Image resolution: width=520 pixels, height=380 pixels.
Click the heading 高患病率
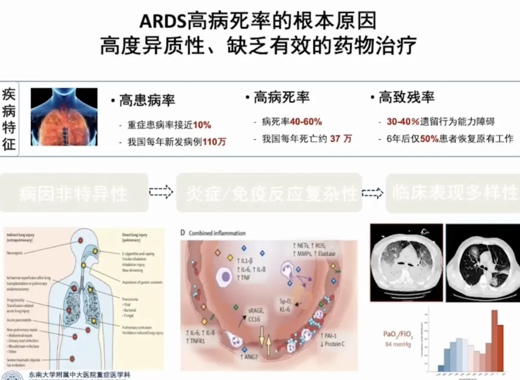tap(147, 100)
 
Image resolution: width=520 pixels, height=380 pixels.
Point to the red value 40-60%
tap(306, 122)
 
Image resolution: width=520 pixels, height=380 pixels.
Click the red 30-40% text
tap(403, 122)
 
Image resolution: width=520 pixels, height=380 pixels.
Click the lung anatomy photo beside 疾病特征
tap(64, 117)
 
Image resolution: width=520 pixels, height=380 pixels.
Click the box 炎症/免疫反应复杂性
tap(269, 193)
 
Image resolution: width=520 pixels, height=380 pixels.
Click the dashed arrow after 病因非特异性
tap(161, 193)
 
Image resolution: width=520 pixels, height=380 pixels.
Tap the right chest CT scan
tap(482, 263)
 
